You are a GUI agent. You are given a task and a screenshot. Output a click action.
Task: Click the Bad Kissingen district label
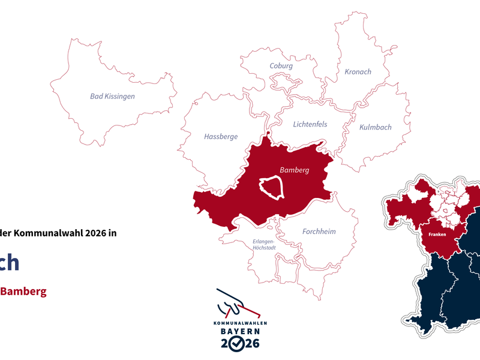112,96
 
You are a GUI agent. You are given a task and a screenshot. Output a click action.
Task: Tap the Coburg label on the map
281,66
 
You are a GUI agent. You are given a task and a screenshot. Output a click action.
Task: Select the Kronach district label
358,72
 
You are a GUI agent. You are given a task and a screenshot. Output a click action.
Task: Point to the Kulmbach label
375,127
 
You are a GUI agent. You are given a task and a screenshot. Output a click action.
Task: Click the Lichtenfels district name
310,125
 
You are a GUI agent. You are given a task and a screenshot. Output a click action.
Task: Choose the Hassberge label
221,137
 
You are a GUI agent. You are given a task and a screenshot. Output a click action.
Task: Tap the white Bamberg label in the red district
294,170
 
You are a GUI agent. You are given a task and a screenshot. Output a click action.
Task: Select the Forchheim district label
319,232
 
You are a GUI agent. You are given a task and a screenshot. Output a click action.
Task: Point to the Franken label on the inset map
438,235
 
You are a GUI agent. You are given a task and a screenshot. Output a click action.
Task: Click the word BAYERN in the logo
239,331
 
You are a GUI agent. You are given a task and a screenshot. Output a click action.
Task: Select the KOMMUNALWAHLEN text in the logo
240,323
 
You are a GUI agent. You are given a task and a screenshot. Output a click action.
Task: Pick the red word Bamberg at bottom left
23,292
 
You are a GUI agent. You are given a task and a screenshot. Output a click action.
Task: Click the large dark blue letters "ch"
9,263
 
